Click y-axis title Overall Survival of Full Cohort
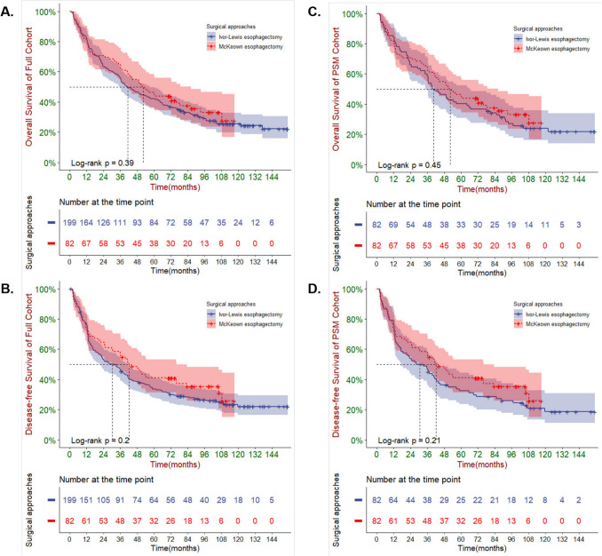coord(28,89)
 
